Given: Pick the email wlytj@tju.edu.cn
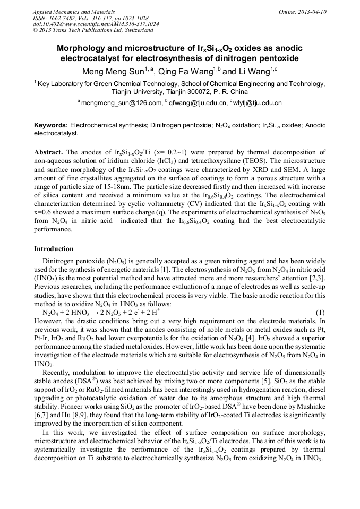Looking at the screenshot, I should point(258,102).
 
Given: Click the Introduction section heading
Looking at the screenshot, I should point(54,248).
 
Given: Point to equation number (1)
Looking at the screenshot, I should point(320,313).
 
